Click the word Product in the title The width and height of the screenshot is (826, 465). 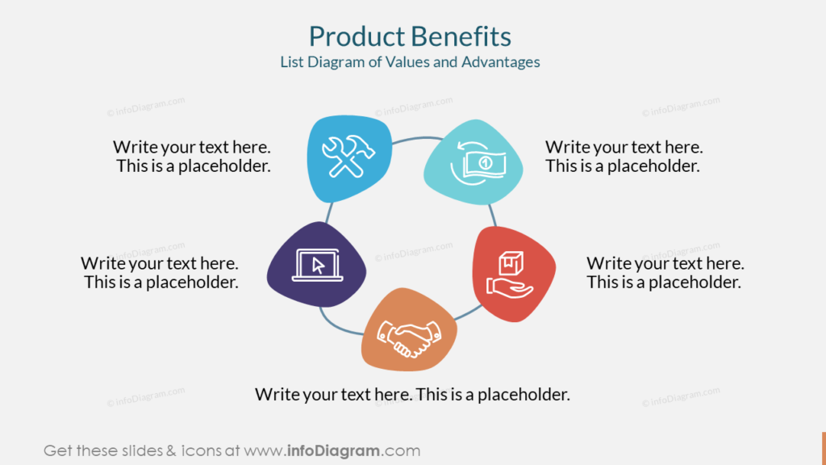point(357,36)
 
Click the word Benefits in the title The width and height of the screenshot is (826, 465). point(461,36)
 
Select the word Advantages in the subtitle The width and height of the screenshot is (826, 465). point(500,62)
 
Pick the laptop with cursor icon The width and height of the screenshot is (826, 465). point(318,265)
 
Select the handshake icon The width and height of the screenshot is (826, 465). point(409,338)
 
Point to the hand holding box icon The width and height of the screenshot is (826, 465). point(510,274)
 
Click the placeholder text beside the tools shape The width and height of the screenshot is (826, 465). point(192,156)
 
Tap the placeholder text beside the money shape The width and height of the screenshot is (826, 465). point(624,156)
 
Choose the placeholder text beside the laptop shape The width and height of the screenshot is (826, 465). point(161,272)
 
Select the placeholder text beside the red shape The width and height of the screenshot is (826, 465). point(665,272)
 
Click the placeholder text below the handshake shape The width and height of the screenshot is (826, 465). point(412,394)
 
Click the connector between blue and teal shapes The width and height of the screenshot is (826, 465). point(417,139)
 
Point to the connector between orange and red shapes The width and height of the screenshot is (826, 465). point(467,313)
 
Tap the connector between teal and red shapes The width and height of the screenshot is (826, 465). point(493,216)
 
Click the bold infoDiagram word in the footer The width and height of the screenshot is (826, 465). point(333,450)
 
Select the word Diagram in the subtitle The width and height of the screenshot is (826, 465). point(336,62)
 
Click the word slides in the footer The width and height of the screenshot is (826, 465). point(142,450)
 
